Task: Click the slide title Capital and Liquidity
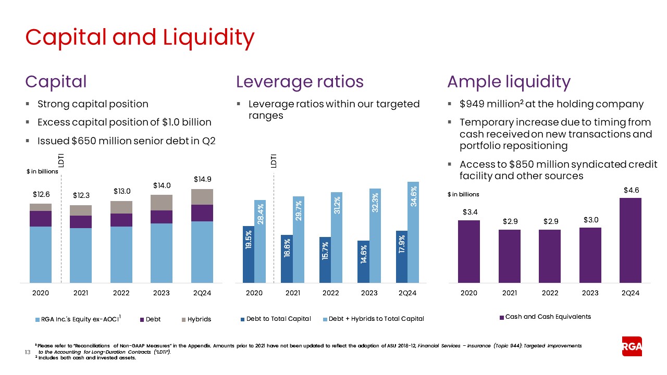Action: click(x=140, y=37)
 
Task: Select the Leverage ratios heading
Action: click(x=300, y=82)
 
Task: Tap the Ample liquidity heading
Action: click(x=509, y=82)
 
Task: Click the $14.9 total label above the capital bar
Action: click(x=202, y=179)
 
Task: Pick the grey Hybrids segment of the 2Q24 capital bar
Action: click(x=202, y=197)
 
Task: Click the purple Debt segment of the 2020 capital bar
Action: click(x=40, y=219)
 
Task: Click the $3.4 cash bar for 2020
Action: click(x=468, y=252)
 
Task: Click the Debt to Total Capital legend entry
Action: click(x=275, y=319)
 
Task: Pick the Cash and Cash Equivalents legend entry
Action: click(x=545, y=317)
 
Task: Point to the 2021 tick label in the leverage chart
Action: click(x=293, y=293)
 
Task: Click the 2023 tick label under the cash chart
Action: click(x=590, y=293)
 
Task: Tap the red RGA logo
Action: click(x=632, y=346)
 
